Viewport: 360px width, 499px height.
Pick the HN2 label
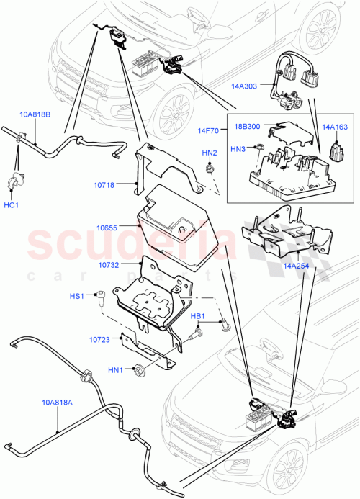[x=210, y=153]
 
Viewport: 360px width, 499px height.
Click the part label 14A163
[x=333, y=127]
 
